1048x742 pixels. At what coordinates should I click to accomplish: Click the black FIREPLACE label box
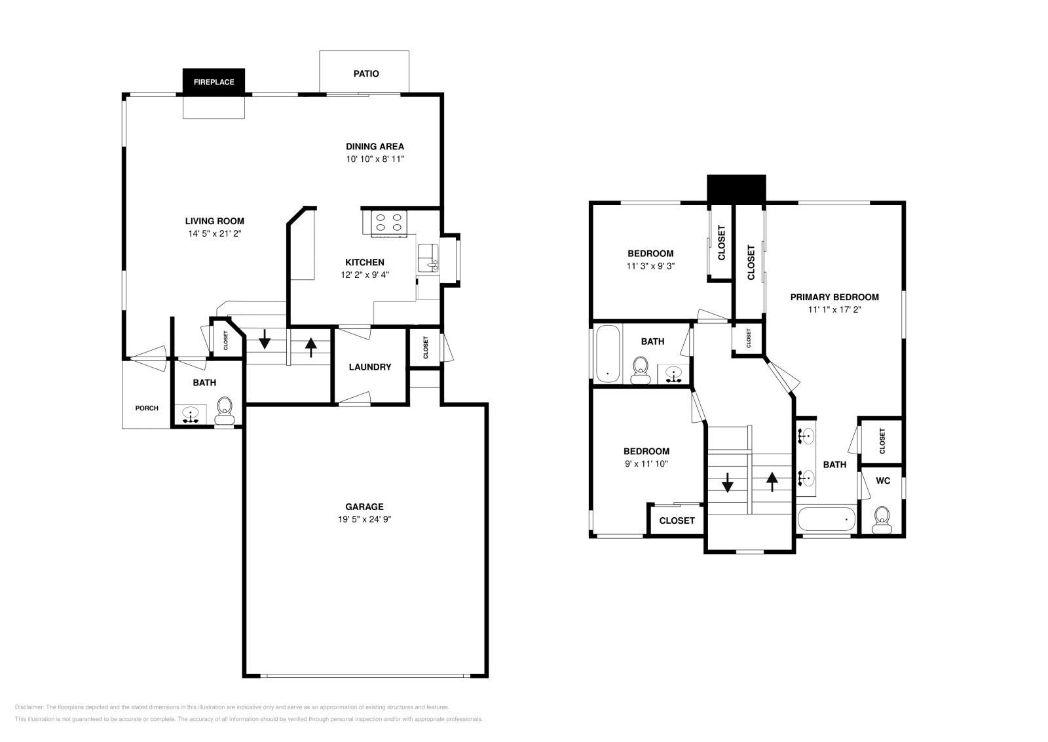point(214,82)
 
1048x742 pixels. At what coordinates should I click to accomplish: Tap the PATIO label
point(366,73)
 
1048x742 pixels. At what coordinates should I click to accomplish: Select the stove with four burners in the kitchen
point(388,223)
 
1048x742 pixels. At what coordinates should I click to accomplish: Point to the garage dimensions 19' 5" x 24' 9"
point(365,519)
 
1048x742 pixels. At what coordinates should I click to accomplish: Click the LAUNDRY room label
point(369,367)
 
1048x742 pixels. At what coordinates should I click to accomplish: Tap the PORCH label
point(147,408)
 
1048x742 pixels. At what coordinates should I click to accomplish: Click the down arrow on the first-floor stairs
point(265,339)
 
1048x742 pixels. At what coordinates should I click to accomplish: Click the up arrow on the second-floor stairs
point(772,482)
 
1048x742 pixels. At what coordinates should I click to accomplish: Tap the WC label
point(882,480)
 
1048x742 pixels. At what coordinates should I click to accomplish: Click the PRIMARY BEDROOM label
point(834,297)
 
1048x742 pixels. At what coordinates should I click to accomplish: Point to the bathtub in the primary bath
point(827,520)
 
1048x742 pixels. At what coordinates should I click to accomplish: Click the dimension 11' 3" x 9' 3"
point(650,266)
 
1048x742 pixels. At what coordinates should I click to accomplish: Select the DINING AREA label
point(375,146)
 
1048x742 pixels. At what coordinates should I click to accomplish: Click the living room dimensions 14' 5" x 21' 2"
point(214,233)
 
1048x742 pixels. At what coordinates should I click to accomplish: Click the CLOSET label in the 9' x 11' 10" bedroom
point(677,520)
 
